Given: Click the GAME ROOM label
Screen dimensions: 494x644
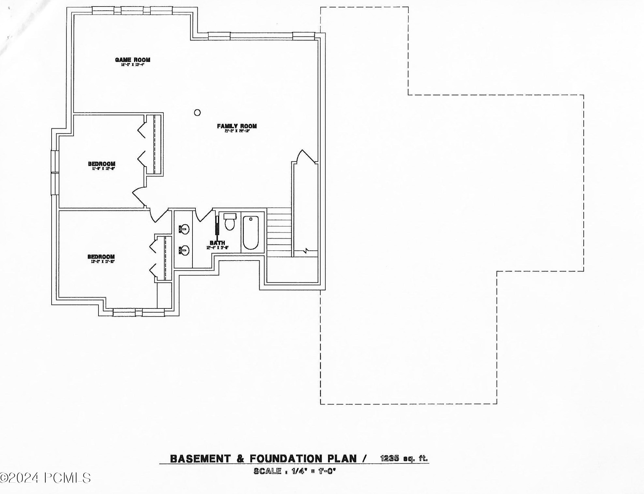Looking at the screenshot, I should (x=132, y=60).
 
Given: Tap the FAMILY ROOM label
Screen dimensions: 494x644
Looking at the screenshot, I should (x=237, y=126).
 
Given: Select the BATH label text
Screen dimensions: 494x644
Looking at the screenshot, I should (x=217, y=243).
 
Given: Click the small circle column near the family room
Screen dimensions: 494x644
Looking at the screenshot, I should (x=197, y=112).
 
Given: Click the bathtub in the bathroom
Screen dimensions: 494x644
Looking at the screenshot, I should (x=251, y=232).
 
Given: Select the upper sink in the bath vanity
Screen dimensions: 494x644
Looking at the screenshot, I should (x=184, y=229).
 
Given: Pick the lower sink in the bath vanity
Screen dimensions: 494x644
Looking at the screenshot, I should (x=184, y=250).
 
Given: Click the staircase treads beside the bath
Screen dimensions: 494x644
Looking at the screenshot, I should (x=279, y=232).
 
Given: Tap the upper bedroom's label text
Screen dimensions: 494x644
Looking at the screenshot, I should (x=101, y=164).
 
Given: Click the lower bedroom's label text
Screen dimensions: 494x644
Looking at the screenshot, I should (x=101, y=257).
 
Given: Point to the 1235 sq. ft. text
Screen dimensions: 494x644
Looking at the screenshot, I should (x=404, y=458).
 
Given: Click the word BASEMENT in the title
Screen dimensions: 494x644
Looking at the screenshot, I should (x=200, y=459).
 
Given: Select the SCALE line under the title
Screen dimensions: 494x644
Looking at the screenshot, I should (x=294, y=471).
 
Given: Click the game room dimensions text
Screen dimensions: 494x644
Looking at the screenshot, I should (x=132, y=65).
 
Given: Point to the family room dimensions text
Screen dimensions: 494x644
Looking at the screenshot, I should (x=237, y=131).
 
